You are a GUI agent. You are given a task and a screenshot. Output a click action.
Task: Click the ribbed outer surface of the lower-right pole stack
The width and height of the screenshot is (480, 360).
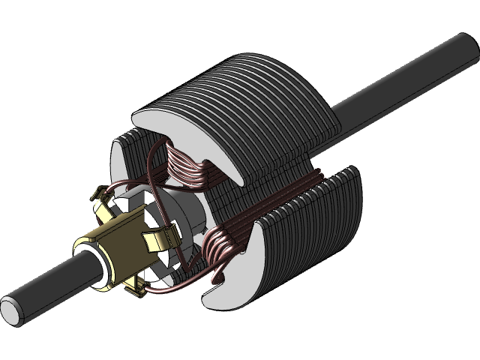click(x=315, y=232)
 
